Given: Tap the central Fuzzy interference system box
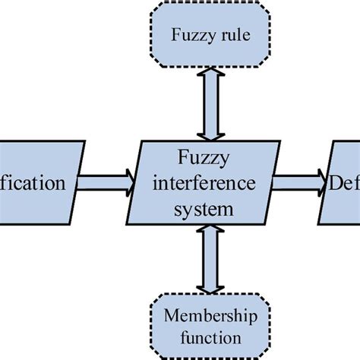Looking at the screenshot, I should pos(203,183).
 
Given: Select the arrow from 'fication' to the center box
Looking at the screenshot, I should pos(106,182).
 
